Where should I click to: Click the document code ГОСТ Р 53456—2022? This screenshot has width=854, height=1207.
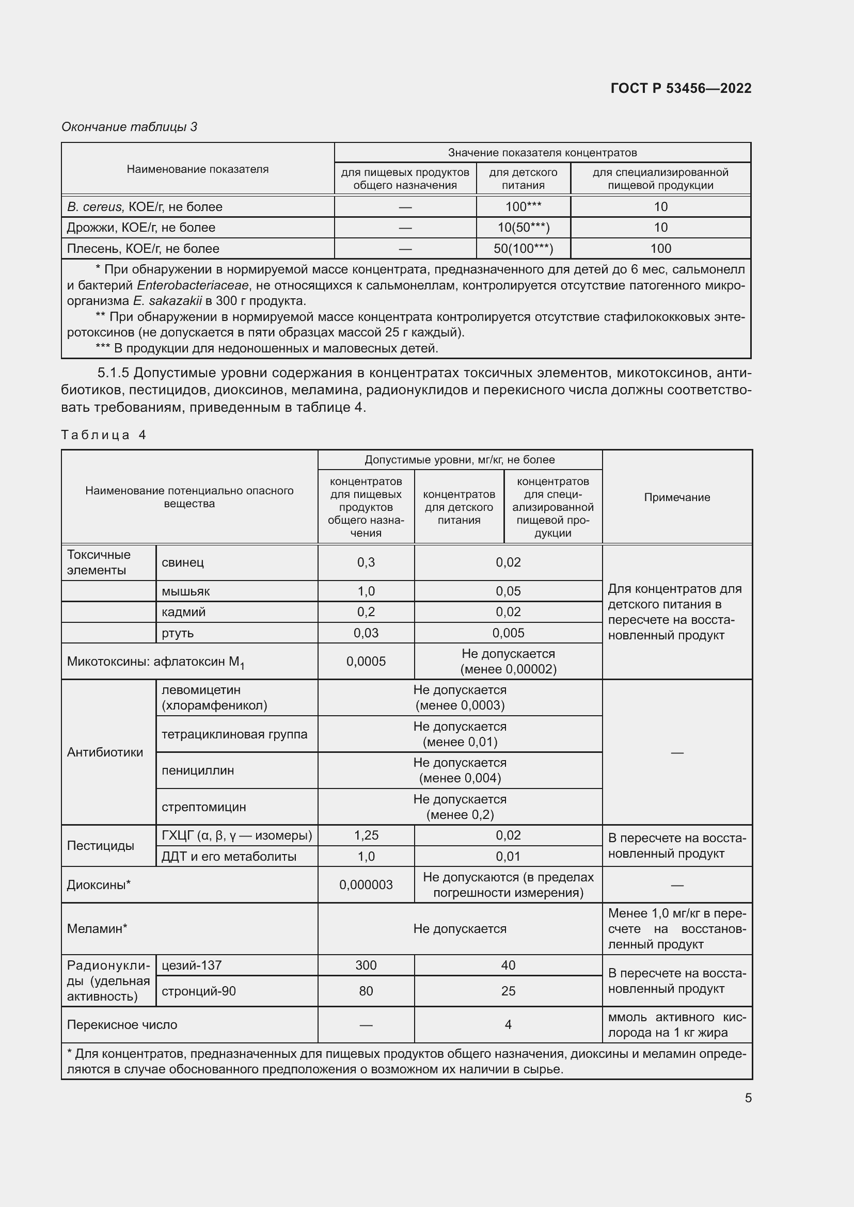[681, 88]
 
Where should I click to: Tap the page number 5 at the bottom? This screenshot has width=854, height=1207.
[748, 1098]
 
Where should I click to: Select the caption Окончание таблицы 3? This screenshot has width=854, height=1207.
[130, 127]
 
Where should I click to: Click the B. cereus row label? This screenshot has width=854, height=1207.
[145, 206]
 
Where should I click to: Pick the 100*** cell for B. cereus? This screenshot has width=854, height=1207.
[523, 206]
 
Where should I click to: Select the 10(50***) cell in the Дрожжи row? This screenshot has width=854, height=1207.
[523, 228]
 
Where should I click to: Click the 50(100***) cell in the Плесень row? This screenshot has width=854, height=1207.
[523, 249]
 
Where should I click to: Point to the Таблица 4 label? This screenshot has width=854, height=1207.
[104, 434]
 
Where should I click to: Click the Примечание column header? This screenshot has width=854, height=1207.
[677, 497]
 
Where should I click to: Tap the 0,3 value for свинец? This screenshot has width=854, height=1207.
[366, 562]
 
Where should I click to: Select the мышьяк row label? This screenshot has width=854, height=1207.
[186, 591]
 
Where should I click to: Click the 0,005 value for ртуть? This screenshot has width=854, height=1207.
[508, 633]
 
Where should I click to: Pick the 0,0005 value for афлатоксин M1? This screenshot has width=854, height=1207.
[366, 662]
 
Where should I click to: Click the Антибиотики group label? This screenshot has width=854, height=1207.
[105, 752]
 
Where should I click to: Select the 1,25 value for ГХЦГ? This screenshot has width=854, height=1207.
[366, 835]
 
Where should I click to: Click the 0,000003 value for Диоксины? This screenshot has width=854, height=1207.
[366, 885]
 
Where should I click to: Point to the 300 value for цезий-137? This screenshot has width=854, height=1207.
[366, 965]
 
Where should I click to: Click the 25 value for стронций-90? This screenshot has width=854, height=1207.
[508, 991]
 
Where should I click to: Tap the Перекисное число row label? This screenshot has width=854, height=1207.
[122, 1025]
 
